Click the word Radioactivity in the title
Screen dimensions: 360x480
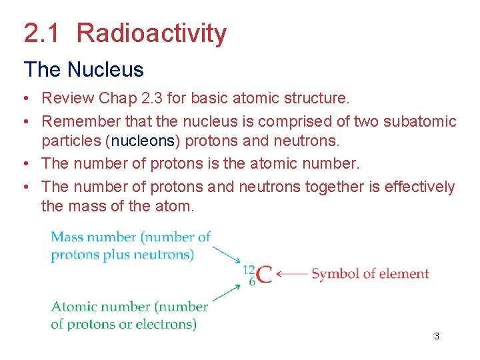pos(151,33)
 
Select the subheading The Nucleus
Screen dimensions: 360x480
pos(83,69)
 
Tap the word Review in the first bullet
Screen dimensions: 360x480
pos(67,99)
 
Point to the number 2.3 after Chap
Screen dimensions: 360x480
pos(151,99)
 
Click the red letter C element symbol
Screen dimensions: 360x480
pos(264,275)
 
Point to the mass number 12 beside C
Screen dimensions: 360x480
pos(249,269)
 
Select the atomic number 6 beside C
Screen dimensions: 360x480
pos(251,281)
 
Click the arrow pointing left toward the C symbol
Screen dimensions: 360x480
pos(291,274)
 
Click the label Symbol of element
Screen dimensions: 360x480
pos(370,274)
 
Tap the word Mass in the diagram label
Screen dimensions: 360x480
pos(67,237)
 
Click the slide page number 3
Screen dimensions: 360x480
pos(437,336)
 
